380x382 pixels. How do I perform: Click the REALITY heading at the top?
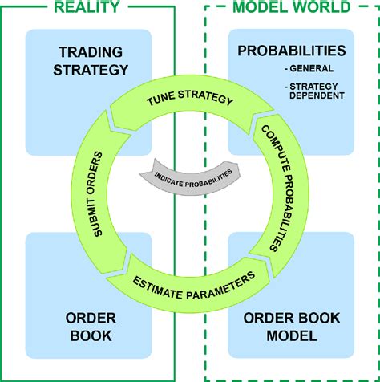click(88, 8)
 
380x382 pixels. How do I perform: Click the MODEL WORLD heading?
click(291, 8)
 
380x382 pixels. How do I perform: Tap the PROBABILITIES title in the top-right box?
click(291, 51)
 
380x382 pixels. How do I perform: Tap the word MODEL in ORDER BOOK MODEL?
click(291, 335)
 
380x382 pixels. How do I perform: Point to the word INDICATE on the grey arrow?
click(166, 176)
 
